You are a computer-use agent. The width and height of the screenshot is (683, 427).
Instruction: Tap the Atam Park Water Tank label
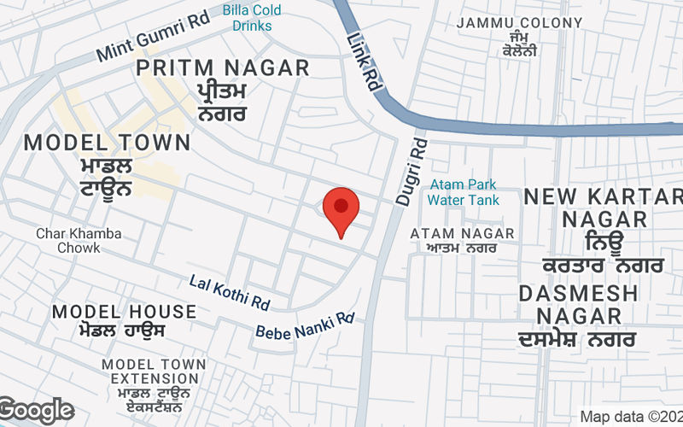(463, 192)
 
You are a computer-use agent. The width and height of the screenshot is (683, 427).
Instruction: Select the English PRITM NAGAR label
(223, 68)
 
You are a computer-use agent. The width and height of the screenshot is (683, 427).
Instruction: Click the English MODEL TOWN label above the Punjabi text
(107, 143)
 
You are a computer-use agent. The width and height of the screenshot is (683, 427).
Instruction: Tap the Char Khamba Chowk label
(79, 240)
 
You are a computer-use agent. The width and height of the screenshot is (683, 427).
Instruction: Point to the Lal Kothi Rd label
(230, 292)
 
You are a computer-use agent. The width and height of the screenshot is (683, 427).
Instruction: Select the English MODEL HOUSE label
(124, 311)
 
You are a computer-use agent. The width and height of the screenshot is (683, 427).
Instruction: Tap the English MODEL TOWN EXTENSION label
(154, 371)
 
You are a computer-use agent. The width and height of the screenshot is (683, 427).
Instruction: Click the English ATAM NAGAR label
(462, 233)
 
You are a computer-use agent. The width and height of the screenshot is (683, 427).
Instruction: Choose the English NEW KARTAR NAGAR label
(603, 208)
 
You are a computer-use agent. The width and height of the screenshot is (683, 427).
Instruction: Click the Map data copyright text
(631, 417)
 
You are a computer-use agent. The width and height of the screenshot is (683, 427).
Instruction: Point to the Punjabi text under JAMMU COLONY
(519, 44)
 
